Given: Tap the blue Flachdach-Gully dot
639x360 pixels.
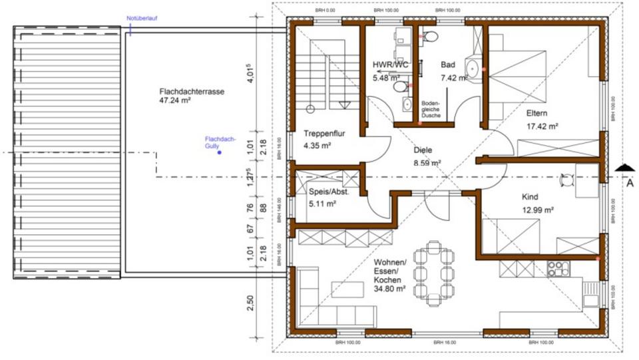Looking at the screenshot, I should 219,153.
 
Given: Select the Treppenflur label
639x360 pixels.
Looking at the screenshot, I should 324,133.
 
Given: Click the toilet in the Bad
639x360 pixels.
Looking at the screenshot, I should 429,36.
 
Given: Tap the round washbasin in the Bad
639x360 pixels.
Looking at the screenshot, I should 473,67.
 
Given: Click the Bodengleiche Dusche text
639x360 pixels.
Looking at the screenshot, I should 431,110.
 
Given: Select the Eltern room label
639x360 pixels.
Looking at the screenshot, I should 536,112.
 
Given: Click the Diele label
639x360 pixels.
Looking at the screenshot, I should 423,150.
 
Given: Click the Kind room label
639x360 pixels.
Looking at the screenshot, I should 531,197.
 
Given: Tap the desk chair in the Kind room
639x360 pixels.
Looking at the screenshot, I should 568,178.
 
